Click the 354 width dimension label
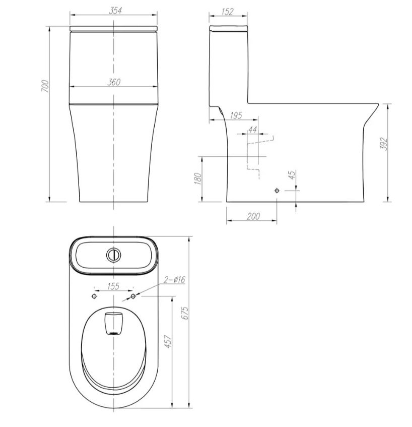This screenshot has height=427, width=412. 115,11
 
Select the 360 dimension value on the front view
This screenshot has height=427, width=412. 113,82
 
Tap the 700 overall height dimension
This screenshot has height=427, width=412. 45,86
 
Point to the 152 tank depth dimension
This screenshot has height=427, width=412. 228,12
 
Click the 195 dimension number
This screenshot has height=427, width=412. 236,116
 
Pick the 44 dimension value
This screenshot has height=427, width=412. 252,130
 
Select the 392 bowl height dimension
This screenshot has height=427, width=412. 383,144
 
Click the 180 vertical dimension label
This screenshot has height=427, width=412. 198,178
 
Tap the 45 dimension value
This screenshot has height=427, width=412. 292,175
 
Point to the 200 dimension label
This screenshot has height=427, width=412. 253,216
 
